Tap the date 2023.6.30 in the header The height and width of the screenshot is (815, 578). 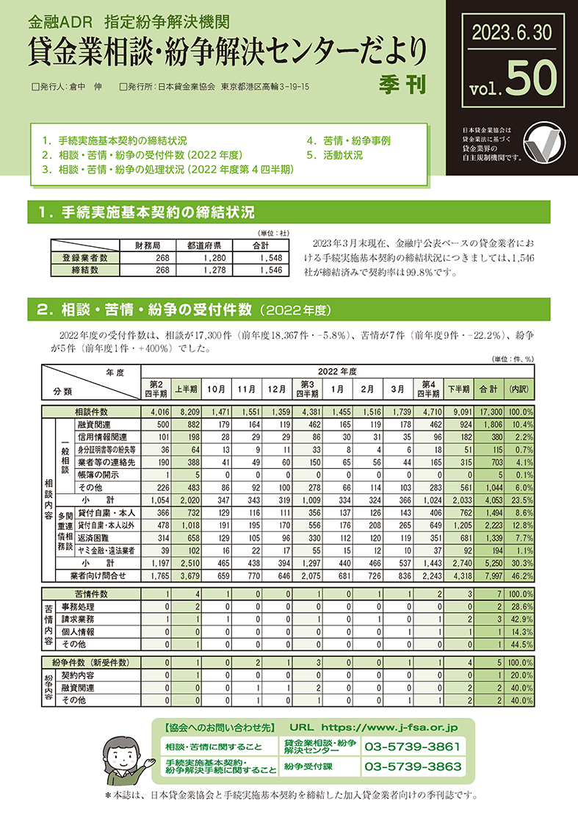(x=508, y=32)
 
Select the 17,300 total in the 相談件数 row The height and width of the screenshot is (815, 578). (x=488, y=412)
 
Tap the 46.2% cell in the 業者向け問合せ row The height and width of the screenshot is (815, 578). (x=521, y=575)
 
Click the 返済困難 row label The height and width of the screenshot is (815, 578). (x=94, y=538)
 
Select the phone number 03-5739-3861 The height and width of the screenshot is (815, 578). (x=414, y=747)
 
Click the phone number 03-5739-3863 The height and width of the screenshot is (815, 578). (x=414, y=766)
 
